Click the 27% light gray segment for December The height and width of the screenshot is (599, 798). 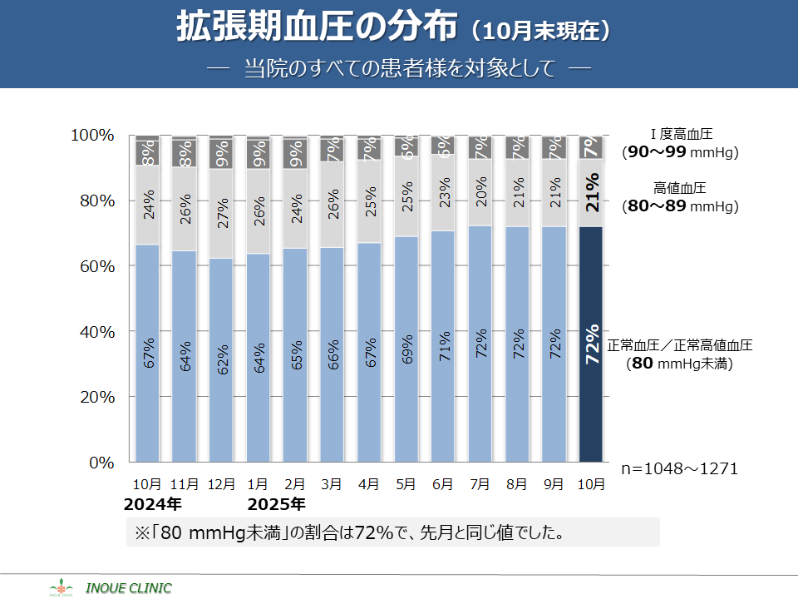221,212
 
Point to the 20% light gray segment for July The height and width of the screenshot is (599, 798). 480,193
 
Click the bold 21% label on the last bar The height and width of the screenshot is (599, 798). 591,192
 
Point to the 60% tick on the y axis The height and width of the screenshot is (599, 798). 94,266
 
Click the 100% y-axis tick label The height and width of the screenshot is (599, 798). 91,136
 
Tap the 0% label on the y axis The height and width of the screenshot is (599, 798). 100,463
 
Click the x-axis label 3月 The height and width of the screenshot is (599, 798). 332,483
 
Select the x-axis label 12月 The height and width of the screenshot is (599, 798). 221,483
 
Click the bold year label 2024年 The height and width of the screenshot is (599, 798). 152,504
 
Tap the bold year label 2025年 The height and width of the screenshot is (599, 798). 277,504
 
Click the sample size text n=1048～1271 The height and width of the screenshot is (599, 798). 679,469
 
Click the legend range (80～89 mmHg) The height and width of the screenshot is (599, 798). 680,206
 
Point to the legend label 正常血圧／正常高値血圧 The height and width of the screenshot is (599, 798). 680,345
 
